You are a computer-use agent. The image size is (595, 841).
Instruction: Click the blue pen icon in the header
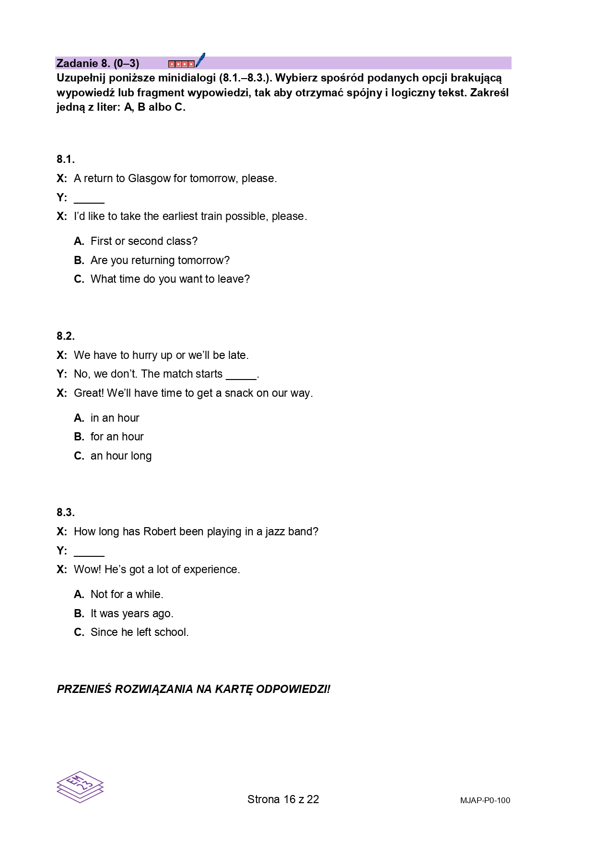pyautogui.click(x=200, y=60)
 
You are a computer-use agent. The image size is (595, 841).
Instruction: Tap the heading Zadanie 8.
pyautogui.click(x=98, y=63)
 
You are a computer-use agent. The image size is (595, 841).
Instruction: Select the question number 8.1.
pyautogui.click(x=66, y=160)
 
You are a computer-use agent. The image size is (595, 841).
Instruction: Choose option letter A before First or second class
pyautogui.click(x=79, y=242)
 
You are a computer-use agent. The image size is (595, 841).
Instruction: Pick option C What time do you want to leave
pyautogui.click(x=170, y=279)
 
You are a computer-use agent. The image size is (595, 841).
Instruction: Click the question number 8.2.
pyautogui.click(x=66, y=336)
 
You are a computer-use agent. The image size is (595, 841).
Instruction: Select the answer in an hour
pyautogui.click(x=115, y=418)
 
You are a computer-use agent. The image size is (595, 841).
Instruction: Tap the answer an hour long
pyautogui.click(x=121, y=456)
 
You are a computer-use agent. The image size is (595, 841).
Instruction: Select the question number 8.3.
pyautogui.click(x=66, y=513)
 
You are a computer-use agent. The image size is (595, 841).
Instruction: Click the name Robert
pyautogui.click(x=160, y=532)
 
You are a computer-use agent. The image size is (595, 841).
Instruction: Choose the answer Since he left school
pyautogui.click(x=140, y=633)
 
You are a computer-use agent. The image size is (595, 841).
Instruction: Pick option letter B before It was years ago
pyautogui.click(x=79, y=614)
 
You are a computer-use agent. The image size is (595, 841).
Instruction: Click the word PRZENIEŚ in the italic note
pyautogui.click(x=84, y=690)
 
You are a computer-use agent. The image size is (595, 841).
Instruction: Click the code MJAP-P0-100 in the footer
pyautogui.click(x=485, y=800)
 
